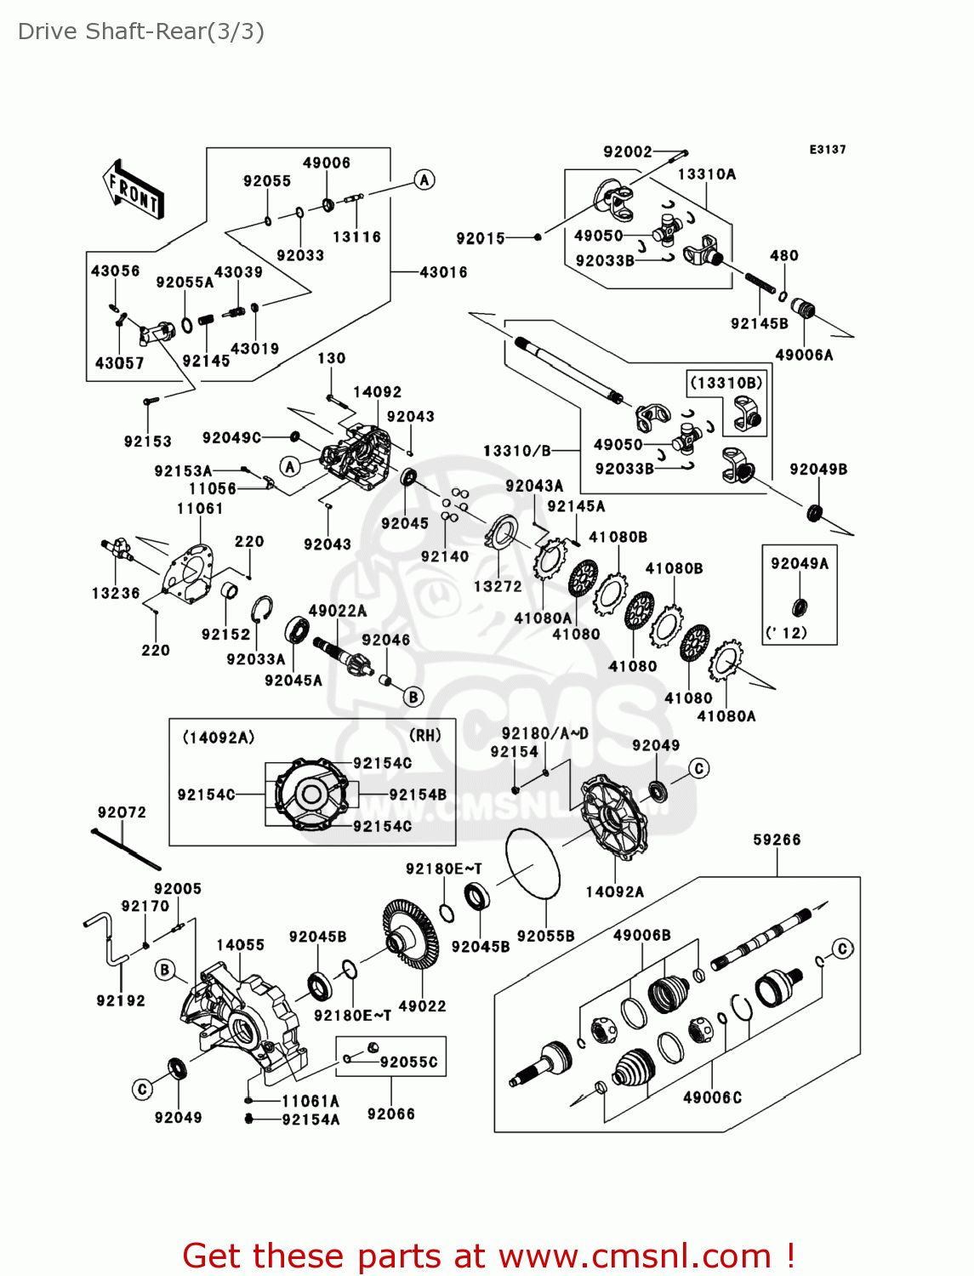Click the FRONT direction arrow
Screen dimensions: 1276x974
click(133, 190)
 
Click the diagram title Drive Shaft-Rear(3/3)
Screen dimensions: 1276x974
click(141, 31)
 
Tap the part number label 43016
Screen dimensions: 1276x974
click(443, 272)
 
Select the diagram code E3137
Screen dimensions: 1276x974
click(827, 150)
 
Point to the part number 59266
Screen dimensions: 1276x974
click(777, 840)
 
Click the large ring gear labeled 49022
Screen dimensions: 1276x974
click(410, 936)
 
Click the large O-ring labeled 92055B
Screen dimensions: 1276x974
click(533, 863)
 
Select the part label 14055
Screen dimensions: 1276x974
click(240, 945)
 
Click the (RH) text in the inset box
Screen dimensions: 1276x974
click(425, 736)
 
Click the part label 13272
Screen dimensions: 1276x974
click(498, 586)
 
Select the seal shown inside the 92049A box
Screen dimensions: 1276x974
click(800, 607)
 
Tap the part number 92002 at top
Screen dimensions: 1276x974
click(628, 151)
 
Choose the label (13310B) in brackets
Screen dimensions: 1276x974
click(726, 383)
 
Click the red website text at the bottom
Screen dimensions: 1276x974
click(489, 1256)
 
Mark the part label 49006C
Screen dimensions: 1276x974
click(712, 1097)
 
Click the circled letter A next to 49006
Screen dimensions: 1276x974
click(424, 179)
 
